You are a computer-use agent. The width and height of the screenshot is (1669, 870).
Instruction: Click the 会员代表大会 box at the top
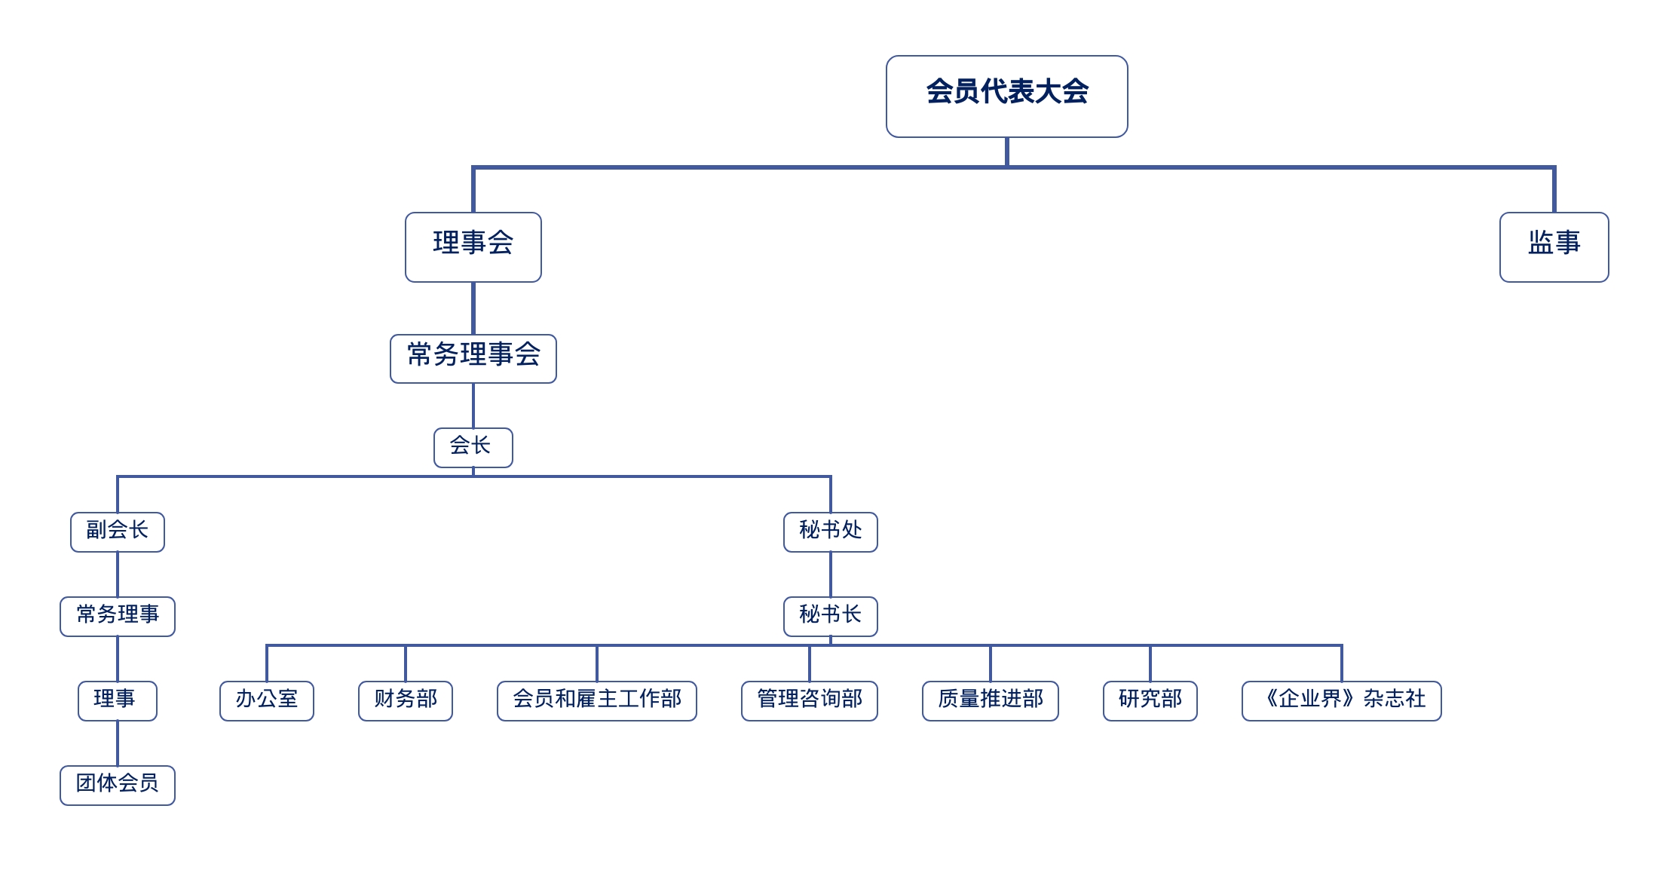(x=1006, y=96)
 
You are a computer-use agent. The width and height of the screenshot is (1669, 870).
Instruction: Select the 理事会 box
(x=473, y=247)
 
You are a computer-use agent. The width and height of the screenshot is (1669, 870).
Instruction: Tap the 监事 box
(x=1554, y=247)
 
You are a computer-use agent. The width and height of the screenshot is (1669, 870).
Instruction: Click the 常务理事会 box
(x=473, y=358)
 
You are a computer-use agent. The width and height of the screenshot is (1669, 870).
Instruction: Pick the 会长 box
(x=473, y=447)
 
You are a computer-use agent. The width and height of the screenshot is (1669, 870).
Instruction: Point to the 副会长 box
(x=117, y=531)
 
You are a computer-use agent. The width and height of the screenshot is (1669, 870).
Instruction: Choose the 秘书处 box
(x=830, y=531)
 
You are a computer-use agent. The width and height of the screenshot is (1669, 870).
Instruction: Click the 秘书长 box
(x=830, y=616)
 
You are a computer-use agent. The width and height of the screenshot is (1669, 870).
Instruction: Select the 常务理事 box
(x=117, y=616)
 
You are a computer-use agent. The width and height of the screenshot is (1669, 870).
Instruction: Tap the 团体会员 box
(x=117, y=785)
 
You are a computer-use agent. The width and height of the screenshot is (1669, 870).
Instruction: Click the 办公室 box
(x=266, y=700)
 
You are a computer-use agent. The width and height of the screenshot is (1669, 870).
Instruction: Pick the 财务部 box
(x=405, y=700)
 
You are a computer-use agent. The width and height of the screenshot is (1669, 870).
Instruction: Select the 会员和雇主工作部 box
(x=596, y=700)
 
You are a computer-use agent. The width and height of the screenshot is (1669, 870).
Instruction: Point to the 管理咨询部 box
(x=809, y=700)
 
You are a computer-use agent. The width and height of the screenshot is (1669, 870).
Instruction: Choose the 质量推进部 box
(x=990, y=700)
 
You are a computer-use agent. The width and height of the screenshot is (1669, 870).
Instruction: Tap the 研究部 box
(x=1150, y=700)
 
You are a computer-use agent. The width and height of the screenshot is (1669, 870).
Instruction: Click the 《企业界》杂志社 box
(x=1341, y=700)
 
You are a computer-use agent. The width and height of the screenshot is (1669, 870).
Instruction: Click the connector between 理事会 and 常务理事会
(x=473, y=308)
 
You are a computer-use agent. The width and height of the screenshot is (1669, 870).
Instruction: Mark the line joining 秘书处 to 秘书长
(x=830, y=574)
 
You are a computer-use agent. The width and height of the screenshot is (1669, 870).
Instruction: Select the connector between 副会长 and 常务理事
(x=117, y=574)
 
